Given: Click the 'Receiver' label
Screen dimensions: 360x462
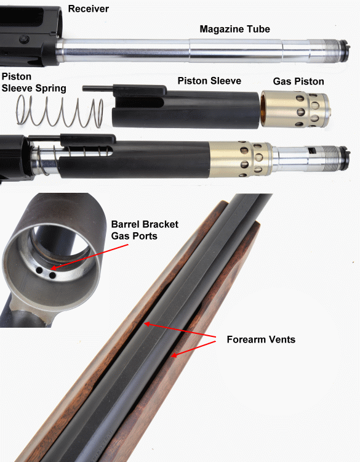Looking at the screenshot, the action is pyautogui.click(x=88, y=9).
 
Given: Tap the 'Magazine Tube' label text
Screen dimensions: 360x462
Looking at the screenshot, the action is pyautogui.click(x=234, y=29).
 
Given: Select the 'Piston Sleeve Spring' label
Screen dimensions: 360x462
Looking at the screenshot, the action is pyautogui.click(x=34, y=82).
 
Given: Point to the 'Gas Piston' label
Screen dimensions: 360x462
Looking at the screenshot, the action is pyautogui.click(x=298, y=81).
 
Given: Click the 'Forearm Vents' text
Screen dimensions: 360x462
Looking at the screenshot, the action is pyautogui.click(x=261, y=339).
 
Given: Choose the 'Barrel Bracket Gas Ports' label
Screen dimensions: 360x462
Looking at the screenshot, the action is pyautogui.click(x=145, y=230).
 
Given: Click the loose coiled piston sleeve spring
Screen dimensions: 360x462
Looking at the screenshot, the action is pyautogui.click(x=60, y=111).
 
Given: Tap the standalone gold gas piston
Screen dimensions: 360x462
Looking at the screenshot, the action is pyautogui.click(x=295, y=109).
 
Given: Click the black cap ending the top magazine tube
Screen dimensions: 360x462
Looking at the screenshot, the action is pyautogui.click(x=345, y=49).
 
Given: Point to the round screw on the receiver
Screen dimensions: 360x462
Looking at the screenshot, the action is pyautogui.click(x=23, y=39).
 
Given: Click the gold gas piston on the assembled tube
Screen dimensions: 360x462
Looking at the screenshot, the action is pyautogui.click(x=241, y=159).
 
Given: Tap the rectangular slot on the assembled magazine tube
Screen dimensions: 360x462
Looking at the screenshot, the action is pyautogui.click(x=312, y=151).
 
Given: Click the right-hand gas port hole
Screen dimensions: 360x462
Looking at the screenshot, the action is pyautogui.click(x=52, y=276).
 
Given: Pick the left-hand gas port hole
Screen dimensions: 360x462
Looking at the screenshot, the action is pyautogui.click(x=39, y=270).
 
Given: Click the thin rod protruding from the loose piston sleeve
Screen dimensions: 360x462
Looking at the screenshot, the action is pyautogui.click(x=98, y=88).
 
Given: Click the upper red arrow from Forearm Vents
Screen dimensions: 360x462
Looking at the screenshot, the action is pyautogui.click(x=180, y=330).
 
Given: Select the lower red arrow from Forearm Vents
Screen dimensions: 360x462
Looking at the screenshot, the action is pyautogui.click(x=194, y=349).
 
